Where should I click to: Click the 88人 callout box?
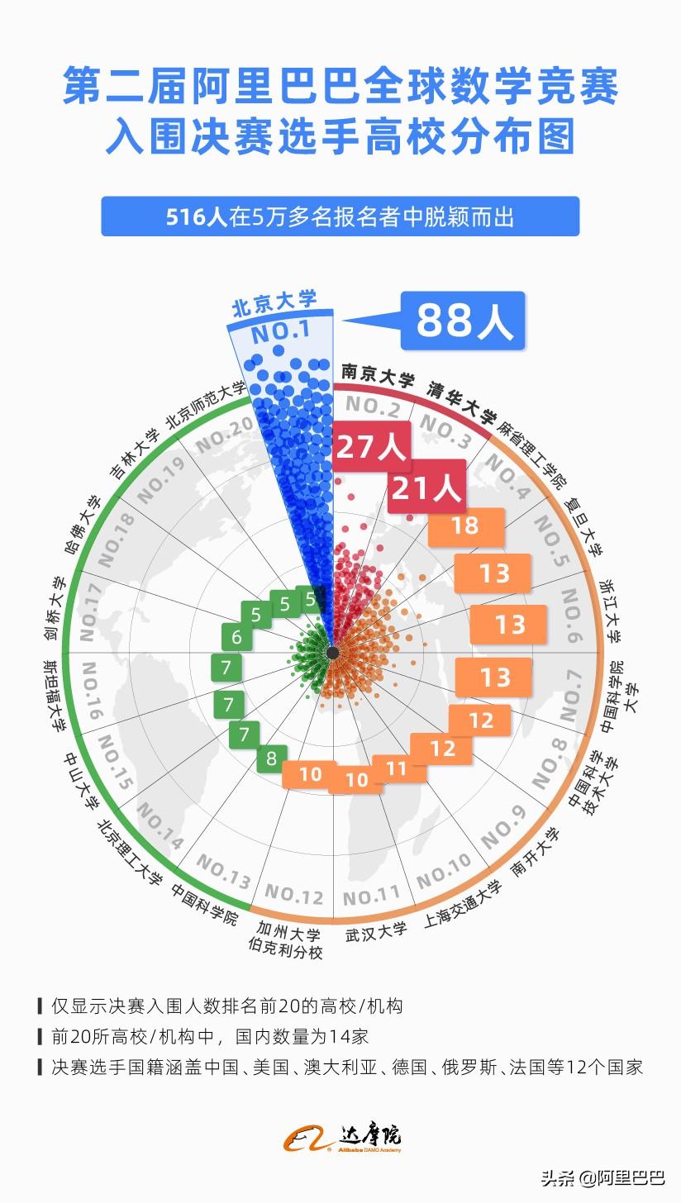463,321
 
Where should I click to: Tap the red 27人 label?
370,447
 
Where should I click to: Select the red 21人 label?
426,488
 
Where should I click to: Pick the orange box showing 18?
465,525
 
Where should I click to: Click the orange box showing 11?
398,768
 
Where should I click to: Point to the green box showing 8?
271,758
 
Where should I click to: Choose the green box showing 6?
237,637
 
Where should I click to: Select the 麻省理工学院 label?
532,453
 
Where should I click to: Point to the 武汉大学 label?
377,930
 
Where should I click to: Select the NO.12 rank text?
294,894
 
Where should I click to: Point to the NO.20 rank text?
225,435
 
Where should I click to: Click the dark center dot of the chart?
332,653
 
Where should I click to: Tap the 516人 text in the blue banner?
197,217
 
